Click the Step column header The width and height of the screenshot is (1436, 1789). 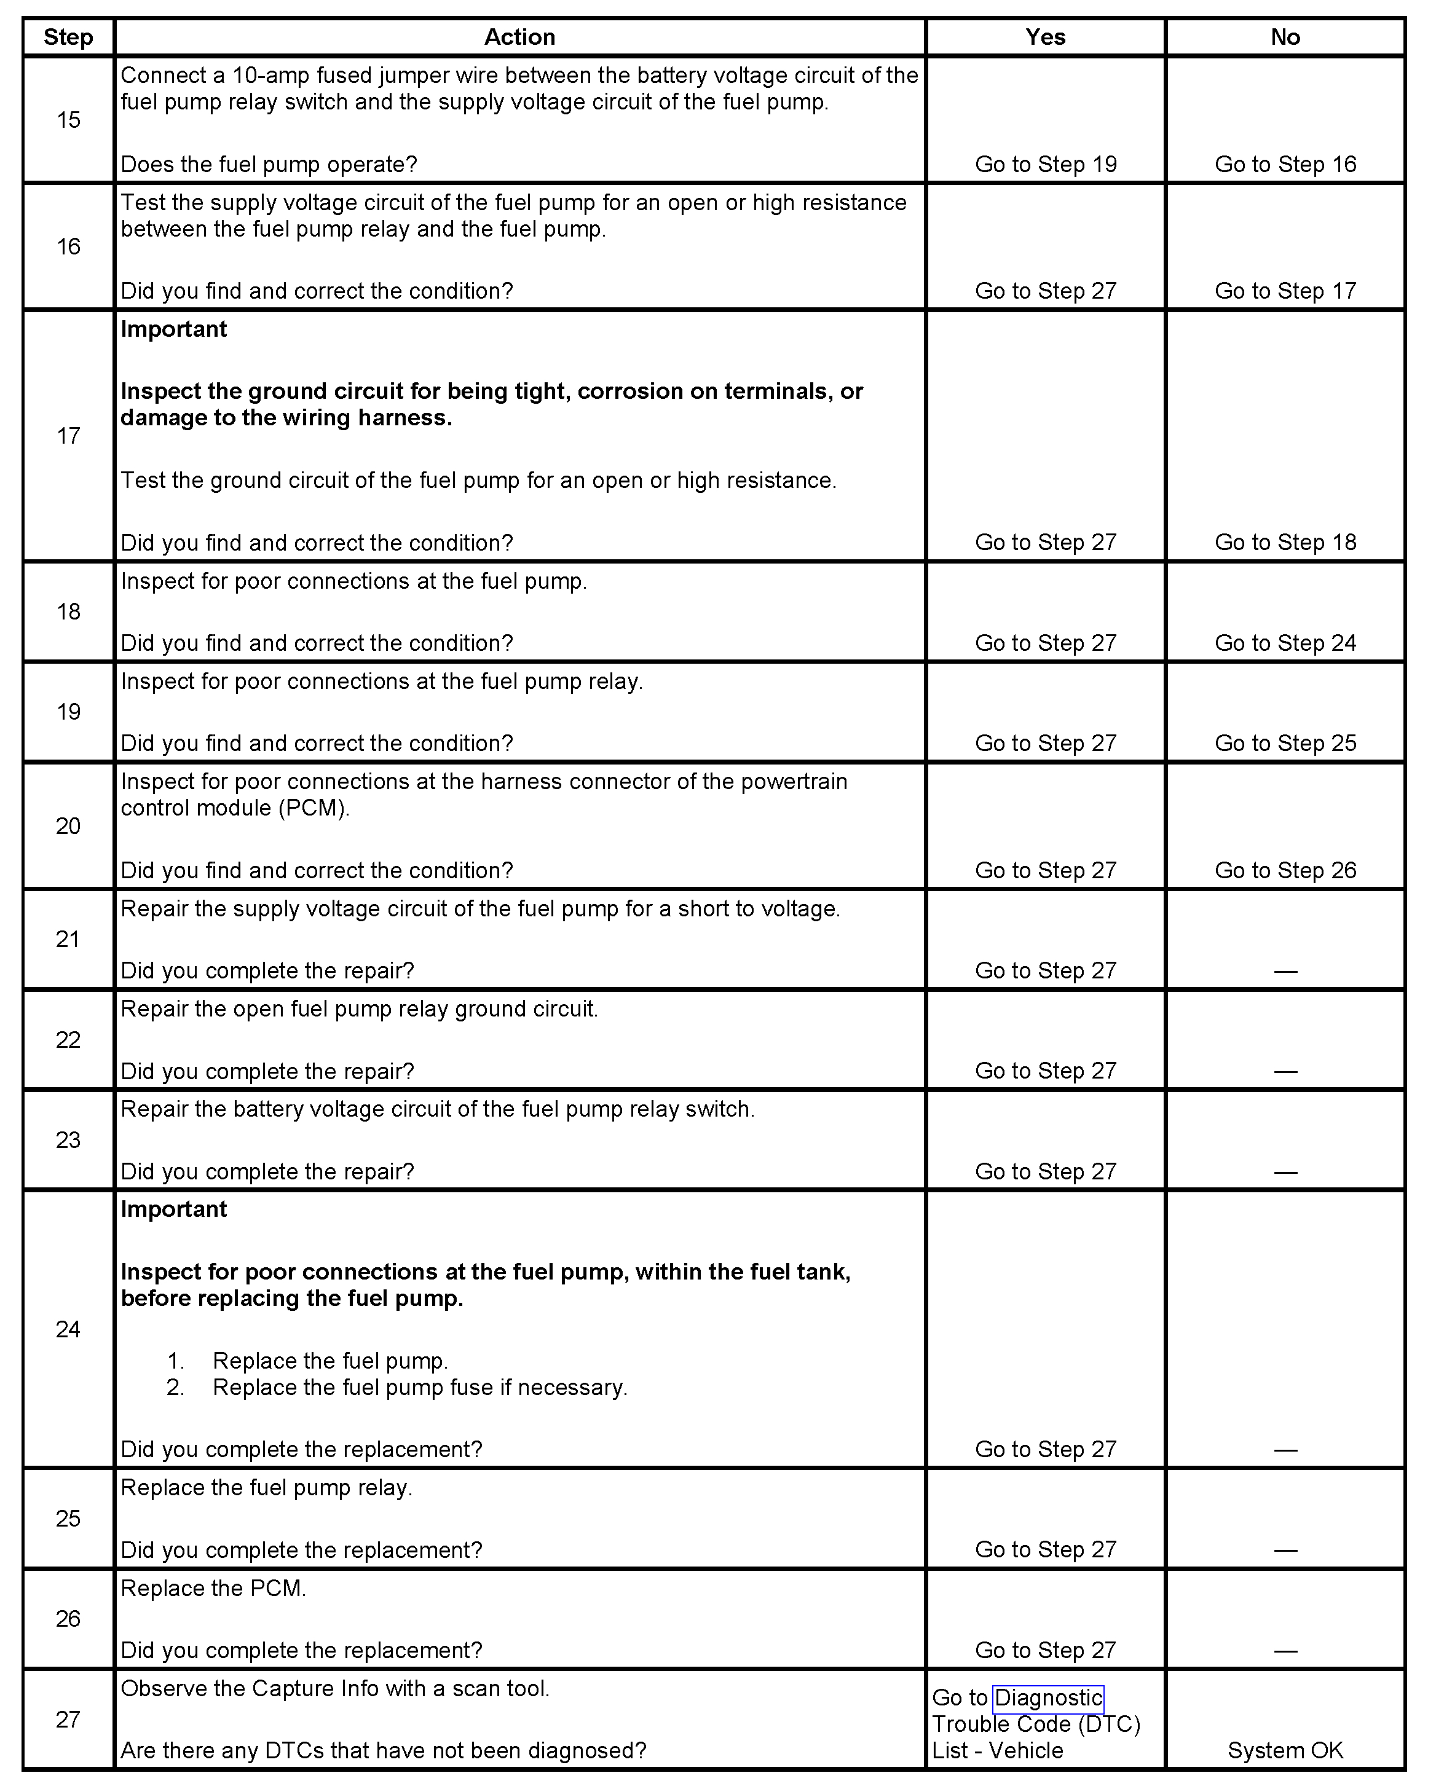point(68,37)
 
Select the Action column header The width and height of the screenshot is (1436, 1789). point(519,37)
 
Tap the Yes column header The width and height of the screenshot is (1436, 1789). point(1045,37)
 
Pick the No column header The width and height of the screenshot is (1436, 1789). point(1285,37)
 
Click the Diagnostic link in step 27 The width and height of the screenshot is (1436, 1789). point(1048,1697)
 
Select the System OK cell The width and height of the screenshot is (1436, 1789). point(1285,1751)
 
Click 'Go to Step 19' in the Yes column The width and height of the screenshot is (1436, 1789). point(1045,164)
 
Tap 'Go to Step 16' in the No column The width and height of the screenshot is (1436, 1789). point(1285,164)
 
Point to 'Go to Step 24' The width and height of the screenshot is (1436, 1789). point(1285,643)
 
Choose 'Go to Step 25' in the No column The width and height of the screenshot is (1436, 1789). point(1285,744)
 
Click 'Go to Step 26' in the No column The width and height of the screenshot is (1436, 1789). point(1285,870)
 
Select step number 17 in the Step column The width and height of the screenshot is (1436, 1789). point(68,436)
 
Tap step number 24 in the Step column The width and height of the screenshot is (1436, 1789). point(68,1329)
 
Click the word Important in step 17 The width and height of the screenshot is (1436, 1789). point(173,329)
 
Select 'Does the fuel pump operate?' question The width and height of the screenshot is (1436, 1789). point(269,164)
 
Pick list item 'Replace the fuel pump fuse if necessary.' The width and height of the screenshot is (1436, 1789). point(419,1388)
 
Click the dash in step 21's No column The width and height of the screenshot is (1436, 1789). point(1285,971)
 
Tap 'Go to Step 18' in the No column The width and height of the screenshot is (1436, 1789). point(1285,543)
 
